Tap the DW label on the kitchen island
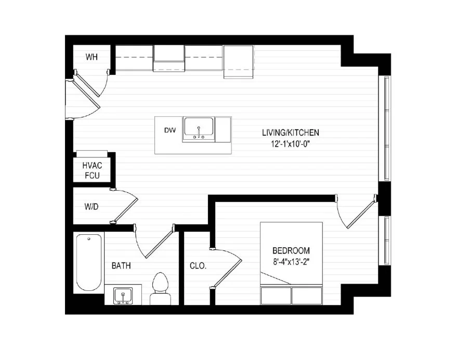tap(170, 130)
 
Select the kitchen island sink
tap(198, 128)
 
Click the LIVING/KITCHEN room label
tap(290, 132)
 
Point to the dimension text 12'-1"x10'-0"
tap(290, 145)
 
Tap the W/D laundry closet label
tap(91, 206)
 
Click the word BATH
tap(121, 265)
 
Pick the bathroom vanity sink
tap(123, 296)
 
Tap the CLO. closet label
tap(198, 266)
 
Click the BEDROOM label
tap(291, 250)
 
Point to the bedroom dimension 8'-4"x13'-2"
tap(291, 261)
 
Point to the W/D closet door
tap(125, 208)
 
